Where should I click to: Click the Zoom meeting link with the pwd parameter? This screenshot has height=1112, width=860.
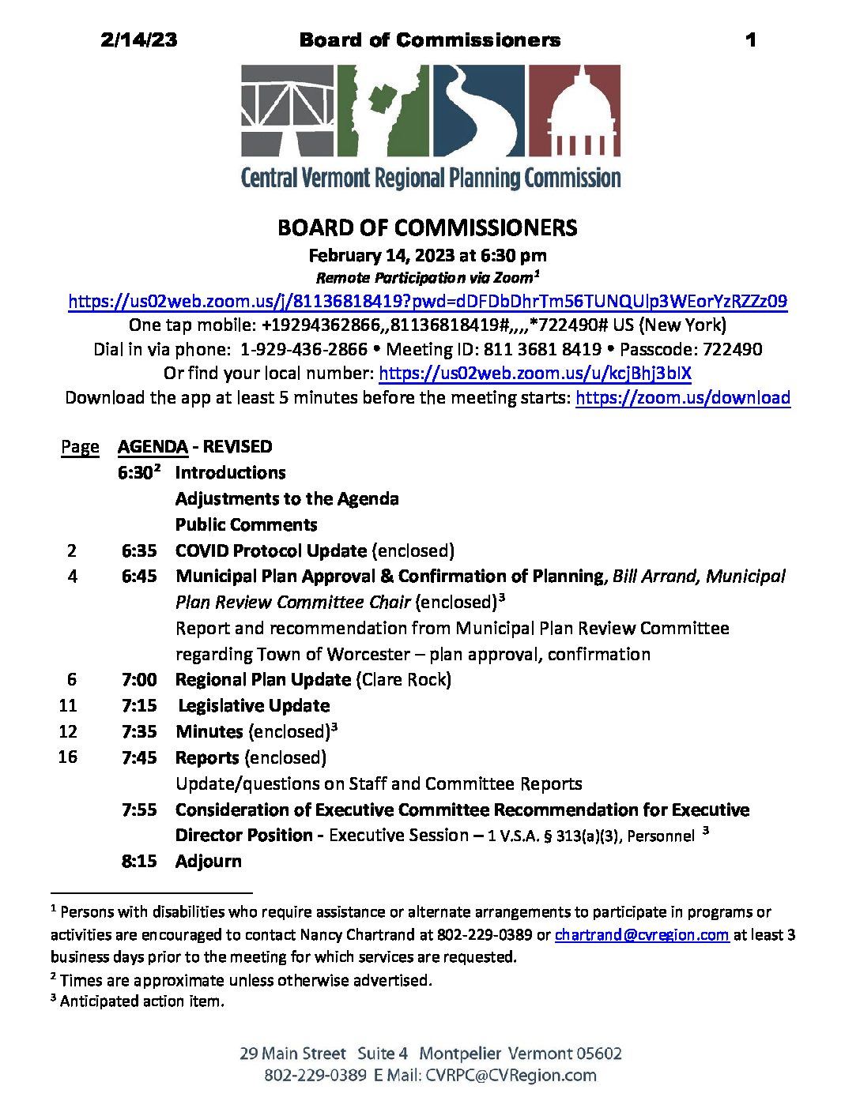(x=427, y=301)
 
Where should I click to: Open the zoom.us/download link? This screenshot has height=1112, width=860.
(x=682, y=397)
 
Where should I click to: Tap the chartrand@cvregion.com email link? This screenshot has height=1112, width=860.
(x=641, y=935)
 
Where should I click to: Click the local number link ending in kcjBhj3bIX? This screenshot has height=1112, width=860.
(x=534, y=373)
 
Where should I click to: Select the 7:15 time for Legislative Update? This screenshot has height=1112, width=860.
(x=139, y=705)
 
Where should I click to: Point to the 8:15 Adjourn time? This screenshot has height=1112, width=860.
(x=139, y=861)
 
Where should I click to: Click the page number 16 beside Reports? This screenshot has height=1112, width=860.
(x=68, y=757)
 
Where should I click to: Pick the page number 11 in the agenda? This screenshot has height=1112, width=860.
(x=68, y=705)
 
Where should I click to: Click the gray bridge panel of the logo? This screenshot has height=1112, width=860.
(x=287, y=111)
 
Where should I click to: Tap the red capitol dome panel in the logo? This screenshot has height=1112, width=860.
(x=574, y=111)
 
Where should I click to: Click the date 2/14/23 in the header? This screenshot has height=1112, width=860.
(x=139, y=40)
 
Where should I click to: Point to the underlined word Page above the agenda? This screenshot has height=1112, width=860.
(x=80, y=447)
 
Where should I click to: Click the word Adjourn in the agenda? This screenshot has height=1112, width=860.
(x=209, y=861)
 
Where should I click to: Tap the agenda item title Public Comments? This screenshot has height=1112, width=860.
(x=246, y=524)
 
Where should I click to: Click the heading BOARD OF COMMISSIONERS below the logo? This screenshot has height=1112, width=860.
(x=427, y=228)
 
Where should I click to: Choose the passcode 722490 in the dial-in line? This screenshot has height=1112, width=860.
(x=732, y=349)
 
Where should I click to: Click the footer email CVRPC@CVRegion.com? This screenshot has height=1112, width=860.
(x=511, y=1075)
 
